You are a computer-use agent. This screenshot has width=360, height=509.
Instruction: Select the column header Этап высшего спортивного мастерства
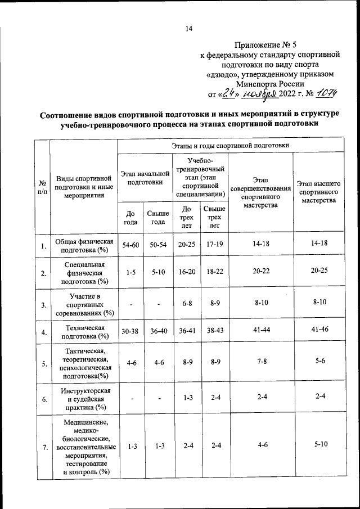319,192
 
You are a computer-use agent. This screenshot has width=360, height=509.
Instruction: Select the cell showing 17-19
214,243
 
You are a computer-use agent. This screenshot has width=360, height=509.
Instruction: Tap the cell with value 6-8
187,303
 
